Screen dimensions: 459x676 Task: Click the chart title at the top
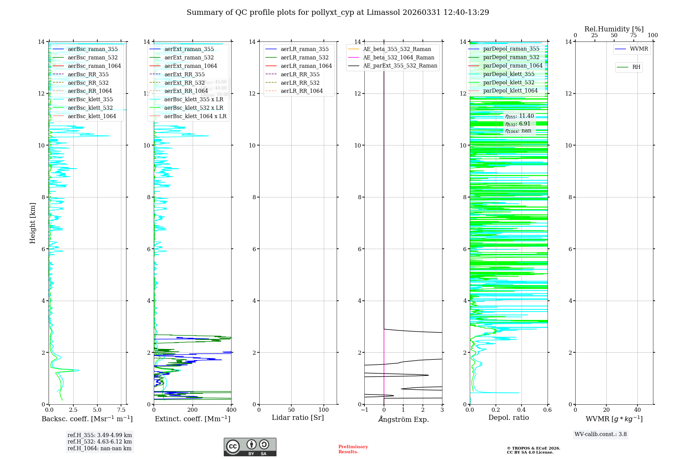coord(338,12)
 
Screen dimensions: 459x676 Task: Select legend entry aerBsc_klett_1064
coord(92,116)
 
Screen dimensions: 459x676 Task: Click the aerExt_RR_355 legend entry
coord(184,74)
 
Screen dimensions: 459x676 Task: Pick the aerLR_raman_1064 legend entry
coord(306,66)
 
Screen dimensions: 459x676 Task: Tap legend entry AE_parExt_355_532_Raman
coord(400,65)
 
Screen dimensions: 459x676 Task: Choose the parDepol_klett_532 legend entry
coord(508,82)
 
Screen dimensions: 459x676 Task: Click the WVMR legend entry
coord(638,49)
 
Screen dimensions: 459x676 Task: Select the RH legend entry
coord(636,67)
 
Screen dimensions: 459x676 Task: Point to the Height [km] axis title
coord(32,223)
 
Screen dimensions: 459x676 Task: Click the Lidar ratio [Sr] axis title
coord(298,417)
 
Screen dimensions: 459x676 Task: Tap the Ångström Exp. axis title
coord(403,419)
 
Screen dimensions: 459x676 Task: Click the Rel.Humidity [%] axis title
coord(614,29)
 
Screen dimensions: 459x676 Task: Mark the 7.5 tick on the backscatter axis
coord(121,410)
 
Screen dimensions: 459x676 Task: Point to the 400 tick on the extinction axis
coord(231,410)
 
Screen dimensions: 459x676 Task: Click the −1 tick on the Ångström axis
coord(364,410)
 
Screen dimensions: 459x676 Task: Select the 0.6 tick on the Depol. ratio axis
coord(547,410)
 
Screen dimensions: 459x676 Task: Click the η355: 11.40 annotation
coord(520,116)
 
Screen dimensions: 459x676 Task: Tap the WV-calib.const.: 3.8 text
coord(601,434)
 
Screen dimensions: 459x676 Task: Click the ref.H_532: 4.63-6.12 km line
coord(99,441)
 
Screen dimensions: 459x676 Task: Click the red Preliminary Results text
coord(353,449)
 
